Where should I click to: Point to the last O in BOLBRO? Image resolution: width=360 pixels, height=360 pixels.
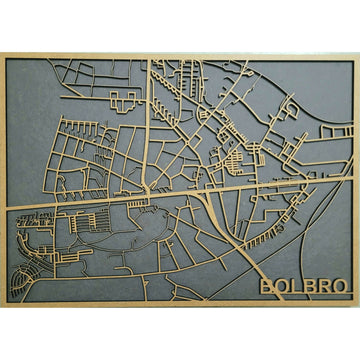click(342, 286)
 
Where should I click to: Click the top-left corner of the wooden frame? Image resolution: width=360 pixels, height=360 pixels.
click(2, 54)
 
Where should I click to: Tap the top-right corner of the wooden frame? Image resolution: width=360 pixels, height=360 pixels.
click(357, 54)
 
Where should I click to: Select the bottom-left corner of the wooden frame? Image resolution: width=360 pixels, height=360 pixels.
click(2, 305)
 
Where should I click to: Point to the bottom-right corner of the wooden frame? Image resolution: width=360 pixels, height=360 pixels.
click(357, 305)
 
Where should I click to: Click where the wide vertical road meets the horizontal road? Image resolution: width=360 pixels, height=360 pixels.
click(150, 191)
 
